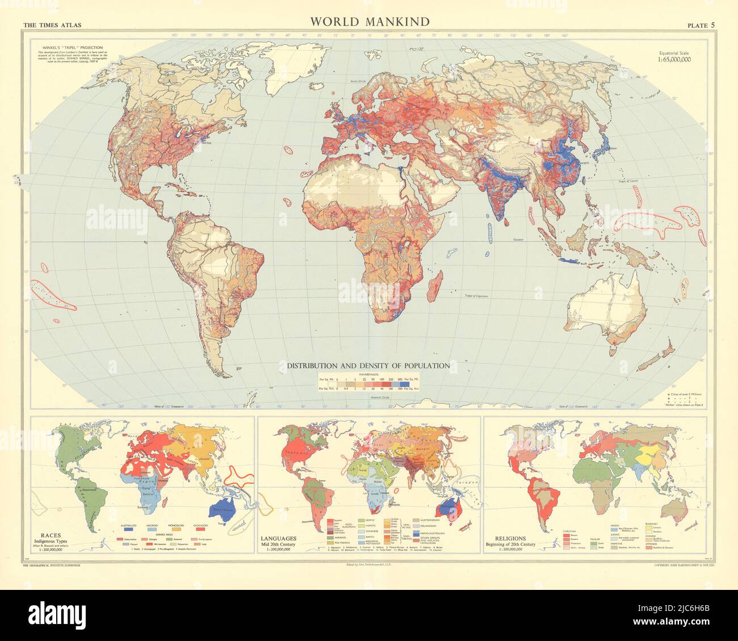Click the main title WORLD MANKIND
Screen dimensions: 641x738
pyautogui.click(x=369, y=22)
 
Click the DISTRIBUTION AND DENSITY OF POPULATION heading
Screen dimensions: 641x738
pyautogui.click(x=368, y=366)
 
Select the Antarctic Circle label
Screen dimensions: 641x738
pyautogui.click(x=370, y=397)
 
